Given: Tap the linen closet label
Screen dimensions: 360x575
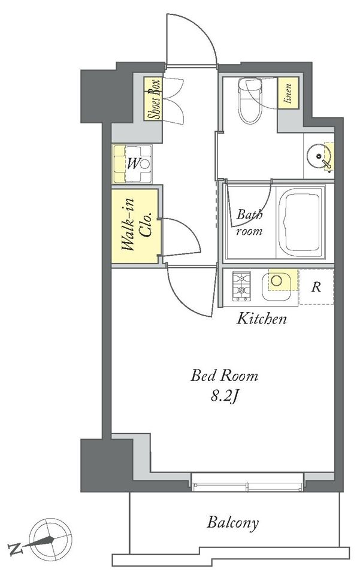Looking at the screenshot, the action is point(288,93).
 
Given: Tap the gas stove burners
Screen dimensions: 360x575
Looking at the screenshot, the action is point(241,286).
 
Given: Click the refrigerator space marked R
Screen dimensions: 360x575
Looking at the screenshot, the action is point(316,287).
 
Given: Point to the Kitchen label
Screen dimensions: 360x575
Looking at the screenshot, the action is point(261,319).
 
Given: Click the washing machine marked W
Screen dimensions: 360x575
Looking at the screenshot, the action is point(132,164).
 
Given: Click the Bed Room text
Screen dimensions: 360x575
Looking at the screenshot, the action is point(224,376).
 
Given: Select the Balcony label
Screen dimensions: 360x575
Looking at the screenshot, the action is point(233,522).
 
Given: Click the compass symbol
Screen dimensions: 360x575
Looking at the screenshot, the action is point(50,538).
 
